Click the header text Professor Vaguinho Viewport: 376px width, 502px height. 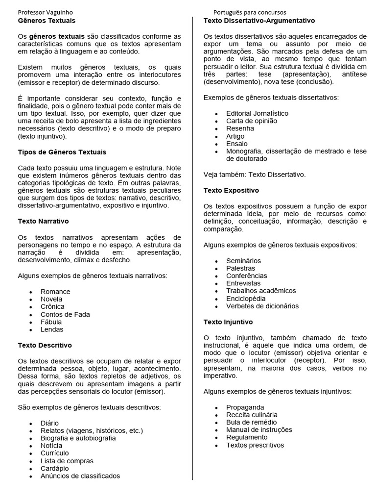coord(47,12)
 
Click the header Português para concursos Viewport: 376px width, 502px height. coord(250,12)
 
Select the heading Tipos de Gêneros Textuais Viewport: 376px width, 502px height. coord(62,152)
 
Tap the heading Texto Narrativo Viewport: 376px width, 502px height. coord(44,222)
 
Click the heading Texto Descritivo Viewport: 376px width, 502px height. coord(45,346)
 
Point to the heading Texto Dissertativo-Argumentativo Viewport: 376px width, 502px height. coord(259,21)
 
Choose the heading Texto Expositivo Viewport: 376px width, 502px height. coord(232,190)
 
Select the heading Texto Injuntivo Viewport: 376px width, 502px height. coord(228,323)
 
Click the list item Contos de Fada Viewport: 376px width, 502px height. coord(65,315)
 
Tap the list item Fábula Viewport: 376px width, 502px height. coord(51,322)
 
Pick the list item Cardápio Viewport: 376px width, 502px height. coord(54,469)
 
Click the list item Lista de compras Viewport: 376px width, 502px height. coord(67,461)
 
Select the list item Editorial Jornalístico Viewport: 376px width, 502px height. coord(257,113)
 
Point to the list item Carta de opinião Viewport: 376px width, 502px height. coord(251,121)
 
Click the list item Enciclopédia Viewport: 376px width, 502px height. coord(246,299)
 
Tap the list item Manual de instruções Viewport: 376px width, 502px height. coord(259,430)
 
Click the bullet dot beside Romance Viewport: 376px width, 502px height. coord(31,292)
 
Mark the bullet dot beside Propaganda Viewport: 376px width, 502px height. coord(216,408)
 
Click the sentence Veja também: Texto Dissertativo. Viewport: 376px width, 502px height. coord(255,175)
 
